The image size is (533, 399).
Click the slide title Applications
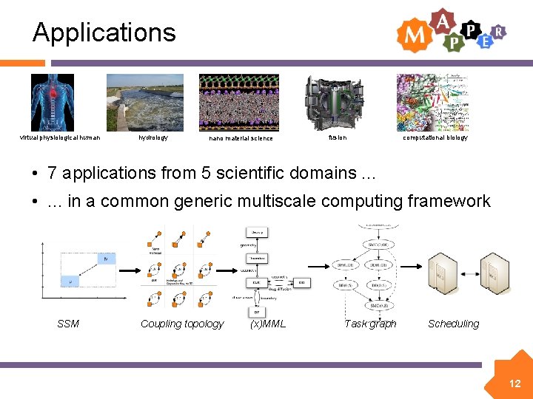coord(104,33)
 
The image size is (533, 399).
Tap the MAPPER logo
coord(451,31)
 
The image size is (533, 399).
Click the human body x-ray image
coord(52,102)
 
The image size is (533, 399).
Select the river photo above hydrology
coord(144,102)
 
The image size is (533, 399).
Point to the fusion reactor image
coord(335,102)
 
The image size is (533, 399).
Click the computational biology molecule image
coord(433,102)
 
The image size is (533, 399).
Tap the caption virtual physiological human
coord(60,137)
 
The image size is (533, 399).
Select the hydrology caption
coord(153,137)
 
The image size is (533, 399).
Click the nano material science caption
coord(241,138)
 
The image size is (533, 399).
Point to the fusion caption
coord(337,137)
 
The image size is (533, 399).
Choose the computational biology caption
coord(435,137)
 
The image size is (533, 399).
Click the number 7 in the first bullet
coord(52,173)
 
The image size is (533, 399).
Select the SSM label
coord(68,324)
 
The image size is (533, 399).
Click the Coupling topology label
coord(182,324)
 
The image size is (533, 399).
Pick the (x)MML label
coord(268,324)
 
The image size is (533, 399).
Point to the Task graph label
coord(370,324)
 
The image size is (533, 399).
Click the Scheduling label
coord(453,324)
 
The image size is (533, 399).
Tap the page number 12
coord(514,383)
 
